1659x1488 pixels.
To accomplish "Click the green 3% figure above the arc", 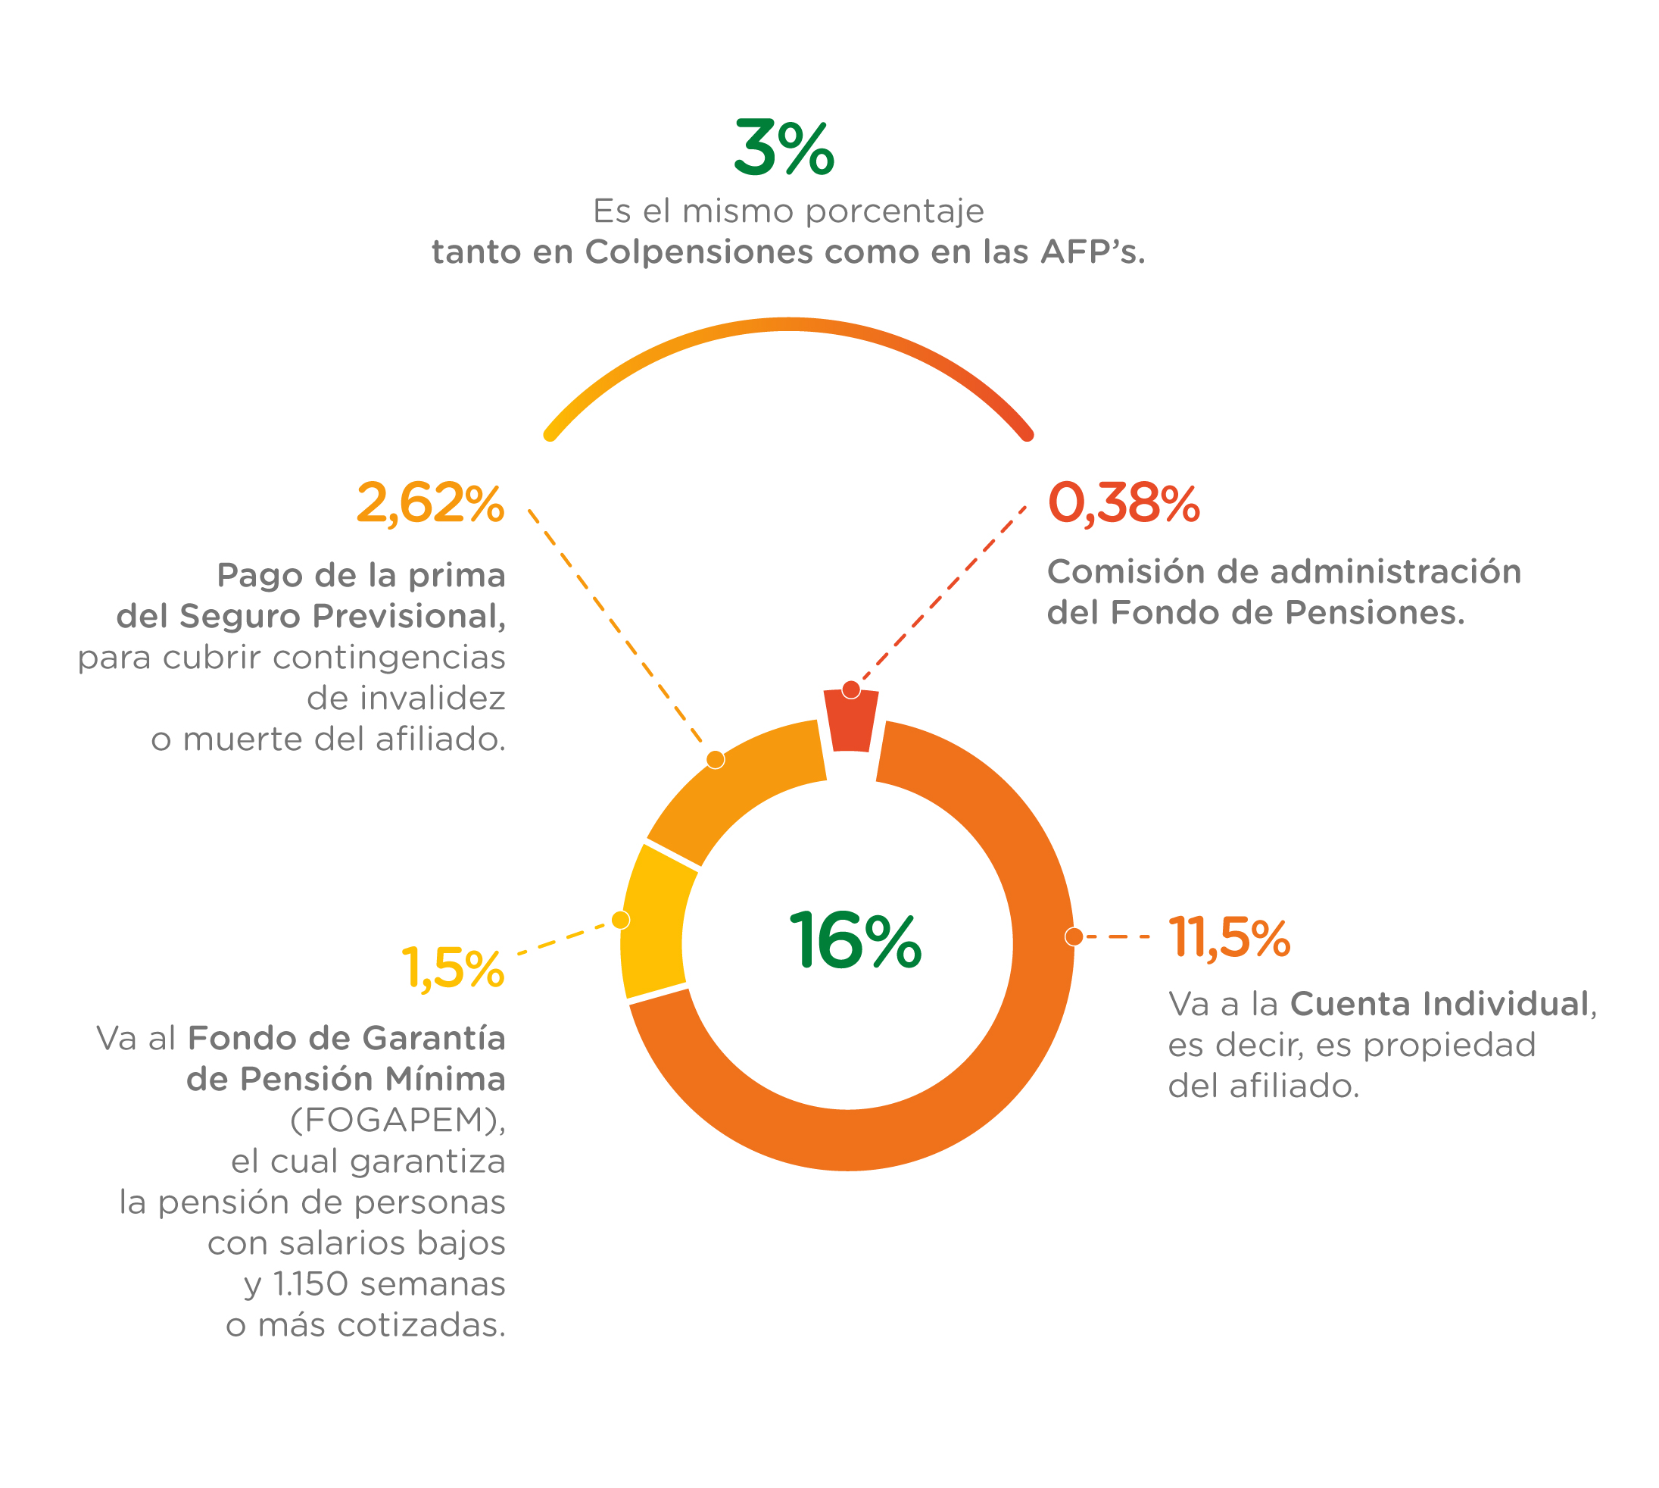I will pos(783,148).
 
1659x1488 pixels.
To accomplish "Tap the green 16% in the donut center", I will pos(854,941).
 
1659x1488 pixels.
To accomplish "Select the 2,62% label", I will pos(430,503).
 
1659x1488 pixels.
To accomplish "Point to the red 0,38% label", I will pos(1123,503).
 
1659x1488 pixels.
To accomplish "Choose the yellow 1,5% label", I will pos(453,969).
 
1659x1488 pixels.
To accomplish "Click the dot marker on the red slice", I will pos(851,690).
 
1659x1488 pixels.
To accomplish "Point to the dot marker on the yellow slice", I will pos(621,921).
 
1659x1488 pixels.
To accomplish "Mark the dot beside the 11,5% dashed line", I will pos(1074,937).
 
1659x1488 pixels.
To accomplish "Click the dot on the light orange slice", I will pos(715,761).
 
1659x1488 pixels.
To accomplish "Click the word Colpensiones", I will pos(699,252).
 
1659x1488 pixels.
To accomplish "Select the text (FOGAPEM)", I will pos(398,1120).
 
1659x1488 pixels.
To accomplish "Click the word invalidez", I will pos(406,699).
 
